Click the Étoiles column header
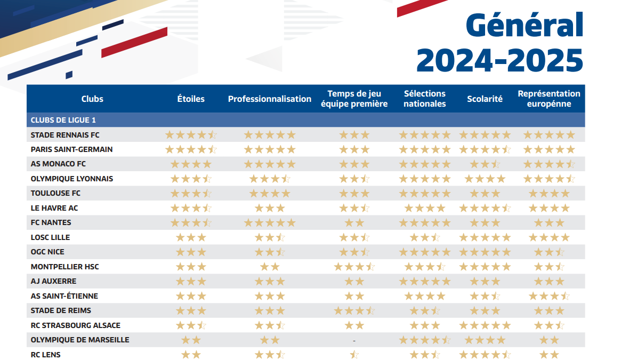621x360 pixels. [x=191, y=99]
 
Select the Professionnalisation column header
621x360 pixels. [x=269, y=99]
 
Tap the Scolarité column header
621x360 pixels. [x=485, y=99]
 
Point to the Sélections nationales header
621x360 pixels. [x=424, y=99]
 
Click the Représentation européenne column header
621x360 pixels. [x=549, y=99]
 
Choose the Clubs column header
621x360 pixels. [x=92, y=99]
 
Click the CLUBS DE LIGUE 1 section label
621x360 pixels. [x=63, y=120]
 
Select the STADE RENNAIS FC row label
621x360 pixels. [x=65, y=135]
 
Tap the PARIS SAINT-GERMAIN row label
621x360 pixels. [x=71, y=149]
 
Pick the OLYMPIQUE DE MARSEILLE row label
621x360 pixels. [x=80, y=340]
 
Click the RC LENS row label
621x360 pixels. [x=46, y=355]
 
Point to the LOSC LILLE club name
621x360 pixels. [x=50, y=237]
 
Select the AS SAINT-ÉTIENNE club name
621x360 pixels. [x=64, y=296]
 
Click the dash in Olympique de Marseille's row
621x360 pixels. [x=354, y=340]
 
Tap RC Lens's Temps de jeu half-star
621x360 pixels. [x=354, y=355]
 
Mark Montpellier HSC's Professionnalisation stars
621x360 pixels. [x=269, y=267]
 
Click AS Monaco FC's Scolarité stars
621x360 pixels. [x=485, y=164]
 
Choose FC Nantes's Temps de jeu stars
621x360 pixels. [x=354, y=223]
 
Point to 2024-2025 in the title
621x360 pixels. [x=499, y=60]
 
